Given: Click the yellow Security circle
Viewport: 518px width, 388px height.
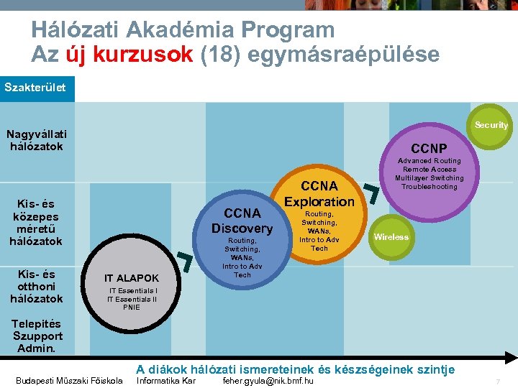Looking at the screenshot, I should [x=491, y=125].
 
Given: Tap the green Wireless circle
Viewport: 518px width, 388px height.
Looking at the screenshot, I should [x=391, y=237].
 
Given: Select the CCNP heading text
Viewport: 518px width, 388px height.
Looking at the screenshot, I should [x=429, y=149].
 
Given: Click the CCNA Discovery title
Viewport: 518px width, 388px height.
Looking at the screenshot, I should [x=242, y=221].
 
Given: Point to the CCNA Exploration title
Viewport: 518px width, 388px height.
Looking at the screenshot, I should [x=319, y=194].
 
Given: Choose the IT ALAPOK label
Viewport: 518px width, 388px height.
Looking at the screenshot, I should [x=131, y=278].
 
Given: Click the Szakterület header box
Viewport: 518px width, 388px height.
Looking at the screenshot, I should [x=37, y=88].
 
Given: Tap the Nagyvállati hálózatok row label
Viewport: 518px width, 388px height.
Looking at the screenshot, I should [x=36, y=140].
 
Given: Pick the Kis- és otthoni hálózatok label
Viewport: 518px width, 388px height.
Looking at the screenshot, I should [x=36, y=286].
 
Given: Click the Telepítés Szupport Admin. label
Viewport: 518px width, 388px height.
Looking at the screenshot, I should [x=37, y=336].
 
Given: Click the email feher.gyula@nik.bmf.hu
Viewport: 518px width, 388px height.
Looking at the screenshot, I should [x=268, y=380].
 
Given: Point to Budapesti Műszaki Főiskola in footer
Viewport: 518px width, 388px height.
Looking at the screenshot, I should [x=69, y=380].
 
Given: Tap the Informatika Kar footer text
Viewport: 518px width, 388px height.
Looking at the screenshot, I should [x=166, y=380].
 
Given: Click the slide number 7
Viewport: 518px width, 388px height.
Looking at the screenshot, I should [x=497, y=381].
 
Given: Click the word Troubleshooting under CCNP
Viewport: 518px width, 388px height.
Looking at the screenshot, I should [x=429, y=187].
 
